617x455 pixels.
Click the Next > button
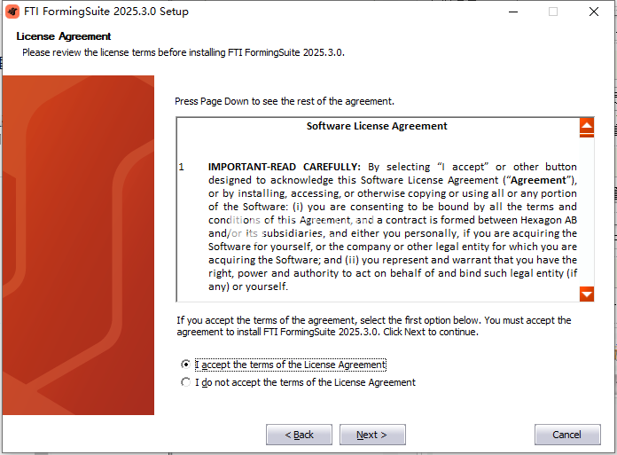click(x=372, y=435)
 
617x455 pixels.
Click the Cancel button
click(x=567, y=435)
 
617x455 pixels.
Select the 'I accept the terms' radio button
click(x=185, y=365)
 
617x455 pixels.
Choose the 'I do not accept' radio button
click(x=185, y=382)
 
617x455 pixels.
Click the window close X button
click(x=594, y=12)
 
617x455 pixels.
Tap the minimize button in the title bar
click(x=513, y=12)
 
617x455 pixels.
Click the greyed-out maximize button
click(x=553, y=12)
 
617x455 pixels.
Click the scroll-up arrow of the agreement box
click(x=587, y=126)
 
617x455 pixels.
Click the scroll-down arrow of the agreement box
click(x=587, y=294)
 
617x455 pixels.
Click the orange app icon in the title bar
click(x=12, y=12)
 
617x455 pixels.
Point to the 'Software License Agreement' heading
click(x=377, y=126)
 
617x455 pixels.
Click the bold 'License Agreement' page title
click(x=63, y=36)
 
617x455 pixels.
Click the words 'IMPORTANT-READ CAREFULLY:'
click(x=284, y=167)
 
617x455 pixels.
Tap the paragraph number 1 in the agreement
click(x=182, y=167)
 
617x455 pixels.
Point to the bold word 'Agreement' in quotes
click(x=538, y=180)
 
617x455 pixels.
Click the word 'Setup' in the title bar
click(x=174, y=12)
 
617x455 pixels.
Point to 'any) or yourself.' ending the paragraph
click(x=248, y=286)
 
